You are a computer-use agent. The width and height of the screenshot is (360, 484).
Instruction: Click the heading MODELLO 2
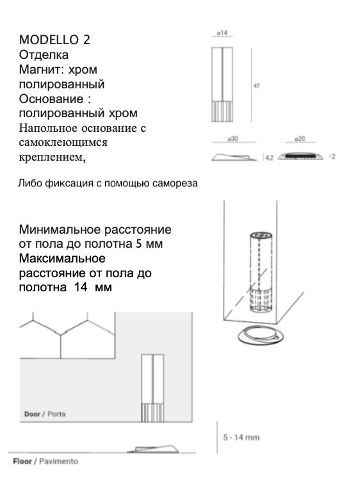[x=54, y=40]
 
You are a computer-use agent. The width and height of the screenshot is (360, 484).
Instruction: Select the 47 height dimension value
[x=257, y=86]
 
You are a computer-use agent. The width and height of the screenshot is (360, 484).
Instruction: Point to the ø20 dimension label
[x=300, y=139]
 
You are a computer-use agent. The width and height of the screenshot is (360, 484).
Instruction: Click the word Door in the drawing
[x=33, y=414]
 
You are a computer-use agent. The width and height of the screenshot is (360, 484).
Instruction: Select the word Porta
[x=56, y=414]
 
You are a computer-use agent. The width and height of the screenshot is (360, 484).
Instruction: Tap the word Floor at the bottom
[x=23, y=461]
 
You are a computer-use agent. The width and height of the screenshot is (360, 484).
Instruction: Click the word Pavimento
[x=59, y=461]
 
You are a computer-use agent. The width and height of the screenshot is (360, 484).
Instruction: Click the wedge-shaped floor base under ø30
[x=234, y=155]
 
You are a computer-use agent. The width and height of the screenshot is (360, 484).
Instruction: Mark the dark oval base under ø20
[x=301, y=156]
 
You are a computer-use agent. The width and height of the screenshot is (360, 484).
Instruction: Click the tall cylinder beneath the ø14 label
[x=223, y=85]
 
